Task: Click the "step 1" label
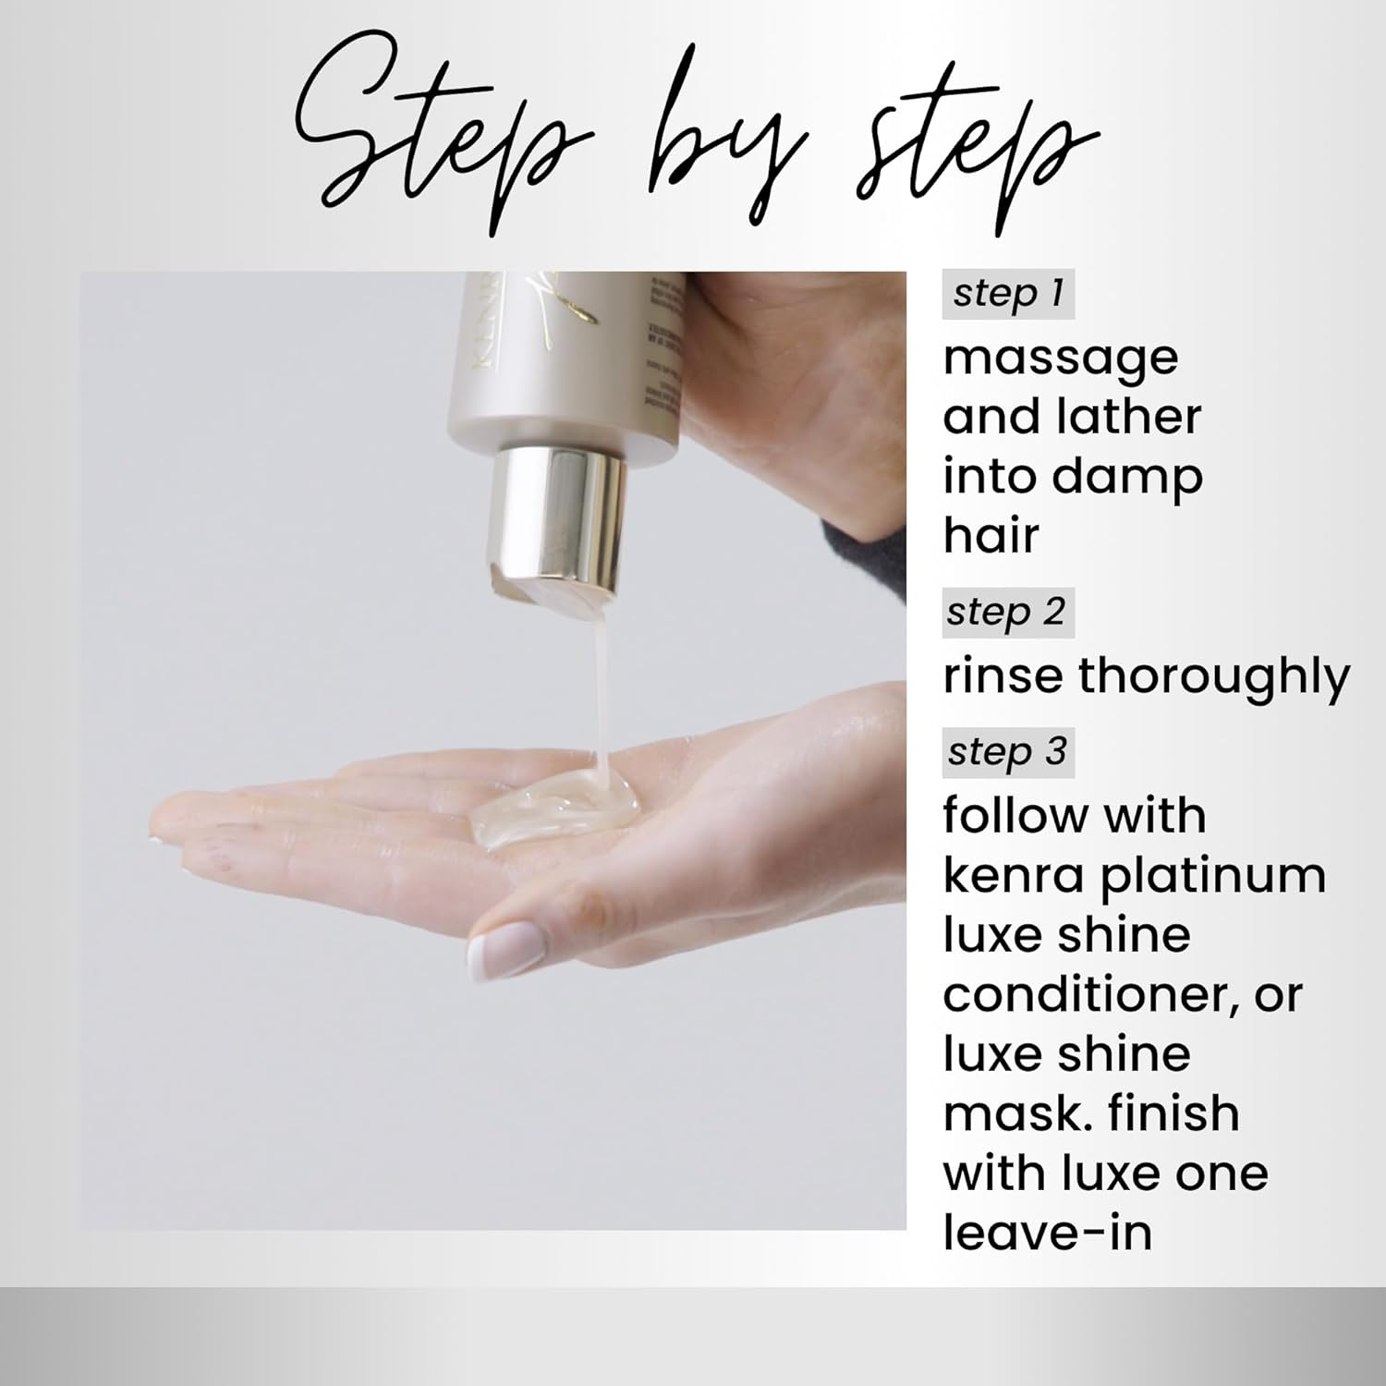click(1008, 294)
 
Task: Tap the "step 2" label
click(1005, 612)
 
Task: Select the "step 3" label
click(1007, 752)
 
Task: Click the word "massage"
click(1061, 359)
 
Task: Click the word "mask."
click(1005, 1113)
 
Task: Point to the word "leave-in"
click(1048, 1232)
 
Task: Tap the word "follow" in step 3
click(1008, 816)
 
